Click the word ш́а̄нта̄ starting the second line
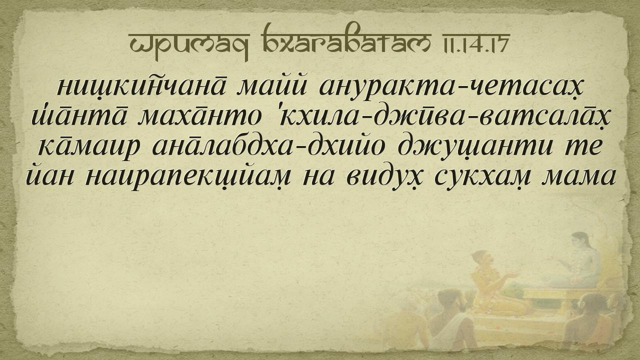78,115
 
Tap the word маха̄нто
199,116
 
